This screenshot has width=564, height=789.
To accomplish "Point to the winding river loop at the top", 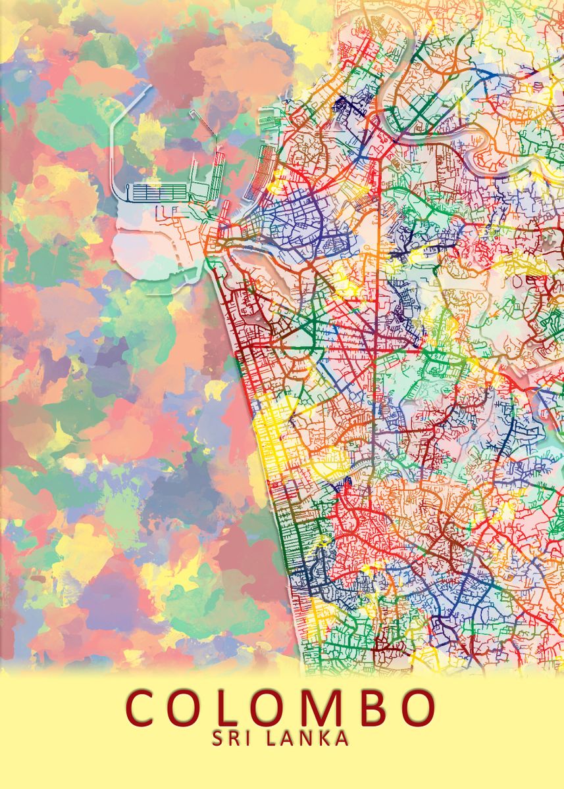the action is (x=421, y=99).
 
